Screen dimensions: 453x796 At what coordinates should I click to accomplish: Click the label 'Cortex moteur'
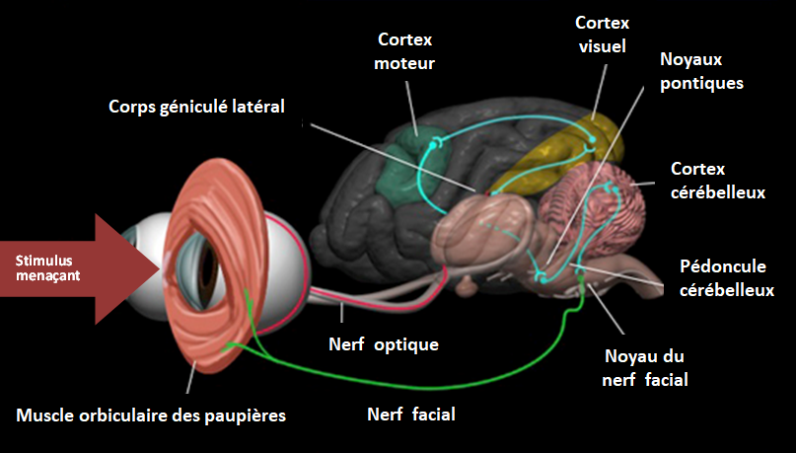click(405, 51)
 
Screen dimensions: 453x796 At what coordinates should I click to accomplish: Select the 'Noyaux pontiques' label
click(700, 71)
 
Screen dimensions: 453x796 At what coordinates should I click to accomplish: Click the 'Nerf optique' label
click(383, 345)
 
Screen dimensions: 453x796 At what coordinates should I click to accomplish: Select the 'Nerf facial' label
click(410, 415)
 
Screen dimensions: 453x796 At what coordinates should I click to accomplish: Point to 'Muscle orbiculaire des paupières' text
click(151, 415)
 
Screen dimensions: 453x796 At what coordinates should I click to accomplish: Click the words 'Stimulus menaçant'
click(47, 268)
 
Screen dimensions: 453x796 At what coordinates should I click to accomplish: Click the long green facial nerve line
click(414, 381)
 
